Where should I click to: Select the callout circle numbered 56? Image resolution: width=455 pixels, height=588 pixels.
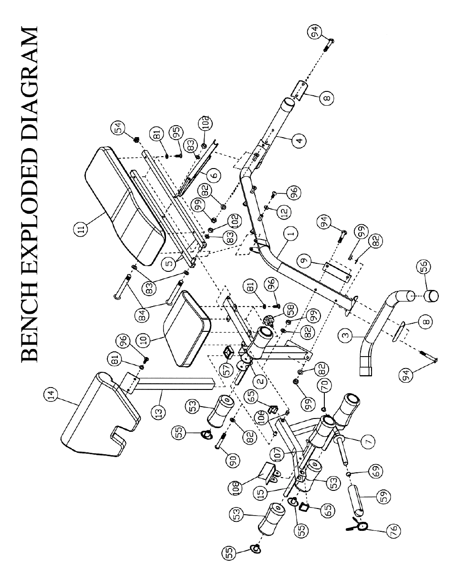tap(424, 266)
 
